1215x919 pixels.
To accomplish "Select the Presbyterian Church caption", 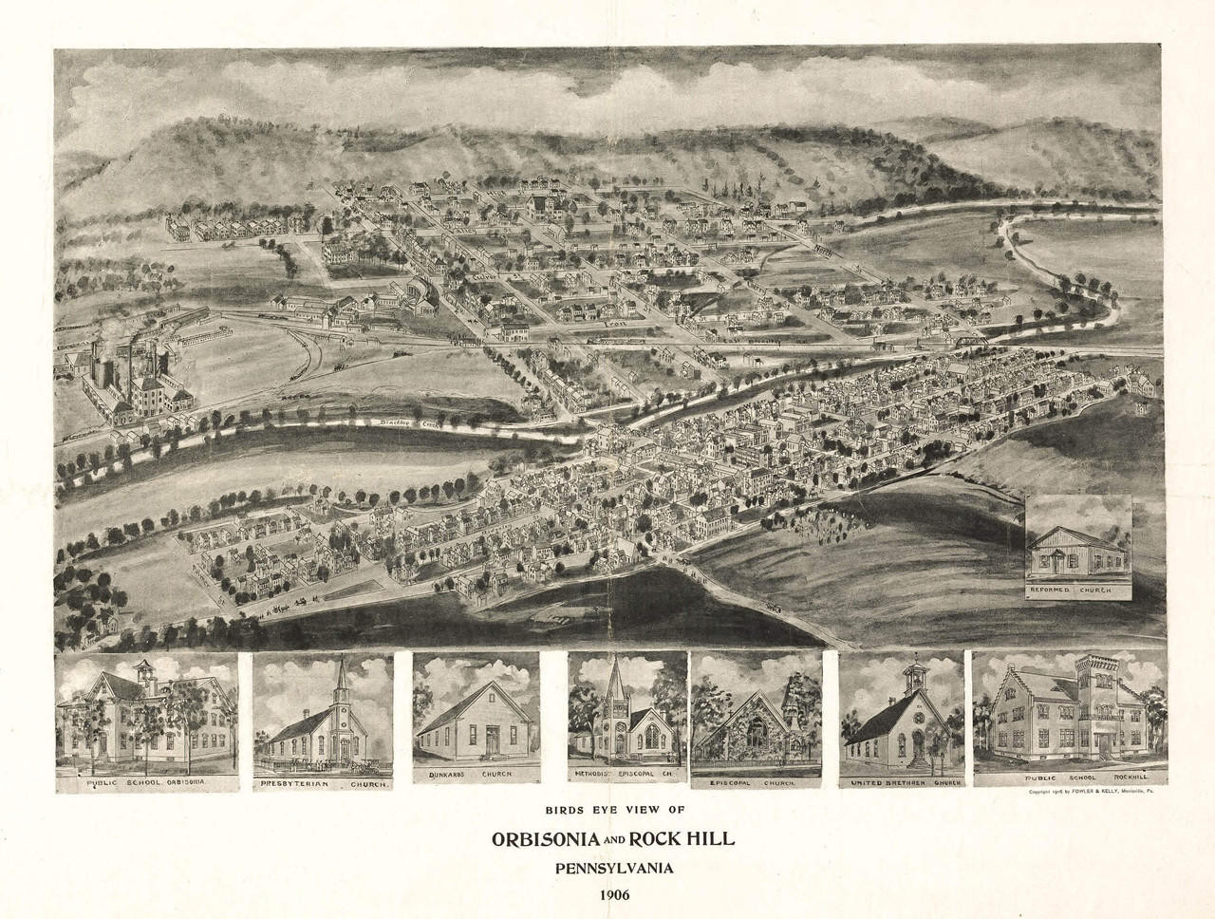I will point(323,784).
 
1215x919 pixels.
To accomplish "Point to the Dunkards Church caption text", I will point(476,776).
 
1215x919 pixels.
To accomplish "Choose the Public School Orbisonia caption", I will point(147,783).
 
